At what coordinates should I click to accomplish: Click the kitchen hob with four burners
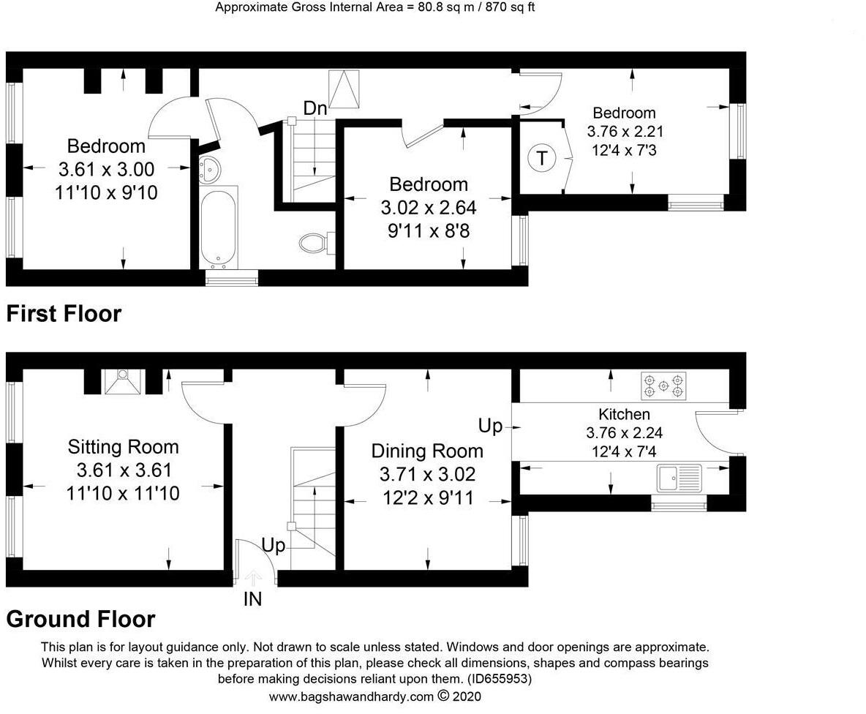pyautogui.click(x=664, y=386)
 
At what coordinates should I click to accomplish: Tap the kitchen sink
pyautogui.click(x=679, y=478)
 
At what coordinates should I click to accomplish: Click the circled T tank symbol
pyautogui.click(x=541, y=157)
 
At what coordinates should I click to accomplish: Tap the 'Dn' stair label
pyautogui.click(x=315, y=108)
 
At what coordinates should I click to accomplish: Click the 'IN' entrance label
pyautogui.click(x=252, y=600)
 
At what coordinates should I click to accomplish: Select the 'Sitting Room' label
pyautogui.click(x=123, y=446)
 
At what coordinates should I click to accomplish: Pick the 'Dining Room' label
pyautogui.click(x=427, y=451)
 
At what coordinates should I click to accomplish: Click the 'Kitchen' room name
pyautogui.click(x=624, y=415)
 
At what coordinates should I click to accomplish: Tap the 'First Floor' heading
pyautogui.click(x=64, y=314)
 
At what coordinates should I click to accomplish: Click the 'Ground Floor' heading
pyautogui.click(x=80, y=619)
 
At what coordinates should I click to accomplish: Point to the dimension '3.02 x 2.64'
pyautogui.click(x=428, y=208)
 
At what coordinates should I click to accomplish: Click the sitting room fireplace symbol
pyautogui.click(x=123, y=382)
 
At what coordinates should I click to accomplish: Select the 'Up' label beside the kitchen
pyautogui.click(x=490, y=426)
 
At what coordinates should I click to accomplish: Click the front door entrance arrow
pyautogui.click(x=252, y=578)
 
